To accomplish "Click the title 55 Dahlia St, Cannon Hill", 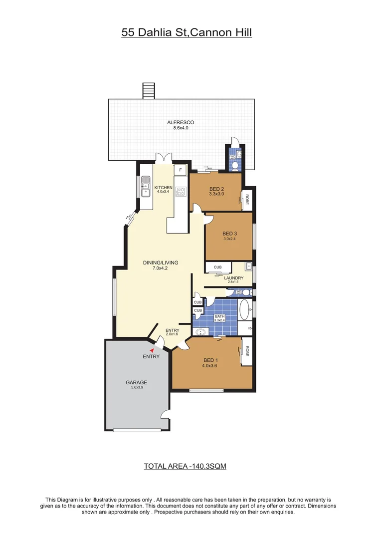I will [x=187, y=33].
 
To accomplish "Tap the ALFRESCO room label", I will [x=181, y=122].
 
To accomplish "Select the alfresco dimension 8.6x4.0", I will [x=181, y=128].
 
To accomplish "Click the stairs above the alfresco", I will [x=149, y=91].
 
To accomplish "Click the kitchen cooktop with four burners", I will [x=181, y=191].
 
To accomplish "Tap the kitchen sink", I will [x=145, y=188].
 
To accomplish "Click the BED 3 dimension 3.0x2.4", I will [x=230, y=239].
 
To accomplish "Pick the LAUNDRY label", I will [x=234, y=278].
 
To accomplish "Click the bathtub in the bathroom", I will [x=244, y=309].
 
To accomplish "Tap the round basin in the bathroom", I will [x=202, y=332].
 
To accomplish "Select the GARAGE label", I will [x=136, y=383].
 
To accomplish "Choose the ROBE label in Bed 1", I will [x=246, y=351].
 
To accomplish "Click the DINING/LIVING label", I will [x=161, y=263].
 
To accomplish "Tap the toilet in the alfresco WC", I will [x=235, y=164].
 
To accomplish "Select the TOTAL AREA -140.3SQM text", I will [x=186, y=467].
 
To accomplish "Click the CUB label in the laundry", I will [x=217, y=268].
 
